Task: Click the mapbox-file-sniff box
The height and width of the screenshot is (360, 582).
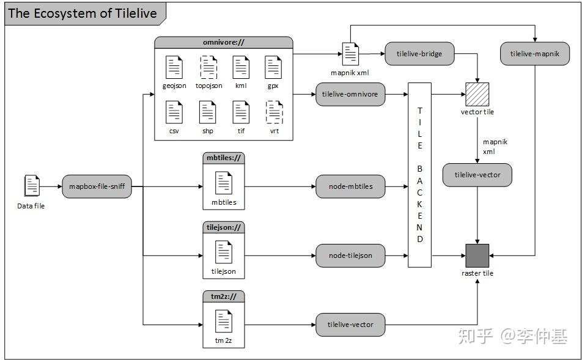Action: (x=97, y=186)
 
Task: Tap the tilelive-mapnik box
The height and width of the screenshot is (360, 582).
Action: (x=535, y=54)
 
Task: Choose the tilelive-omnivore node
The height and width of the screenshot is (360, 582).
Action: (x=350, y=94)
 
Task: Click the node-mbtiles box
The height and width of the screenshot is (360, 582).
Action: (x=350, y=186)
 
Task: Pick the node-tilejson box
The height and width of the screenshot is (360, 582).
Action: (x=350, y=255)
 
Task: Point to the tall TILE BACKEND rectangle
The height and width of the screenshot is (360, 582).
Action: (x=420, y=175)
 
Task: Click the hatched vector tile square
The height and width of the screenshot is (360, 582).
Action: (x=477, y=95)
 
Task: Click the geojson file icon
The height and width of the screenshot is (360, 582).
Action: (x=174, y=67)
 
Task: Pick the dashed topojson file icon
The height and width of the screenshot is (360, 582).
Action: (x=208, y=67)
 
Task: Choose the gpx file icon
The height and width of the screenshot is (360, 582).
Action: (x=273, y=67)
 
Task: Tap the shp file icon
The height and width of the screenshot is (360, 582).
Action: (x=208, y=112)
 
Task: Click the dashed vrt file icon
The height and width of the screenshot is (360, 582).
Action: (x=274, y=112)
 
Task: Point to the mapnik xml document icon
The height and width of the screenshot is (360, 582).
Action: (x=350, y=54)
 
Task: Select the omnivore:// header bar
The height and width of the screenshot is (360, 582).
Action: (x=223, y=43)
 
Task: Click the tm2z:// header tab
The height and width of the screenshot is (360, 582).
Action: (x=223, y=296)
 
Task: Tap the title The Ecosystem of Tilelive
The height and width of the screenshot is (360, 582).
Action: (x=83, y=13)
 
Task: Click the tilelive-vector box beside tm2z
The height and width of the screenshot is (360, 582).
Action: (x=350, y=324)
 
